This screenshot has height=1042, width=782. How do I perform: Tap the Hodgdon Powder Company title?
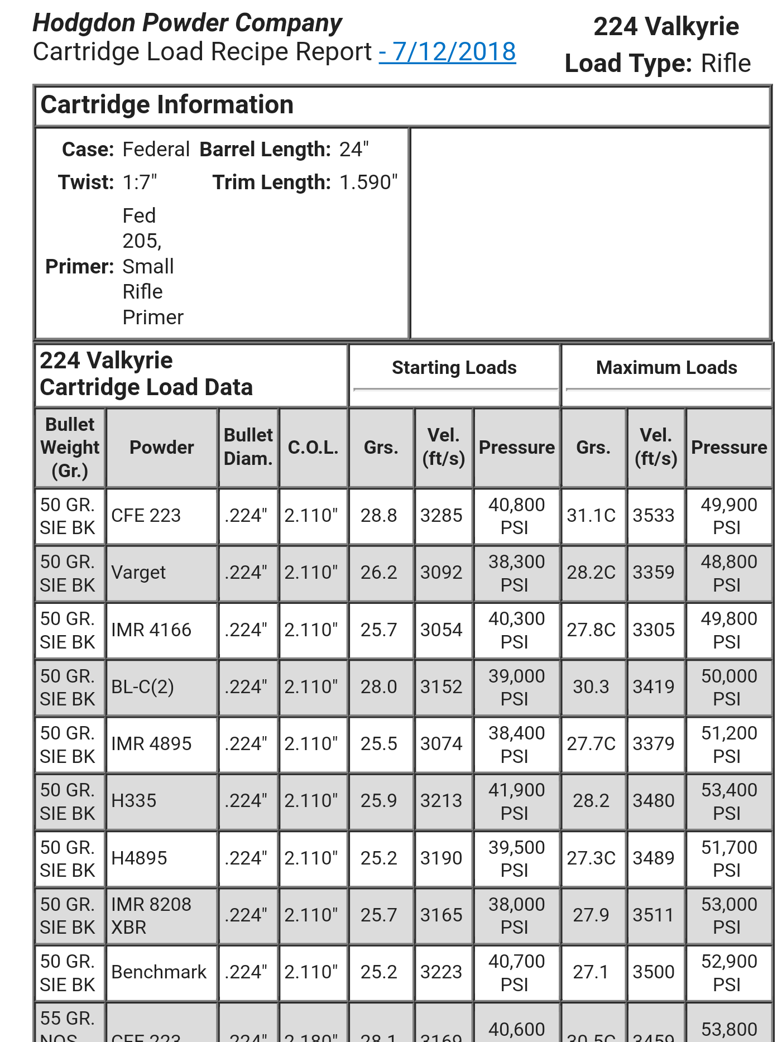click(187, 23)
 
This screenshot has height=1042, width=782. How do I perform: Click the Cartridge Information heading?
click(167, 105)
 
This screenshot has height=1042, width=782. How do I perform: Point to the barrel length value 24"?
click(354, 150)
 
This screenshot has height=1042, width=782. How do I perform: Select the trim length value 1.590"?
click(368, 183)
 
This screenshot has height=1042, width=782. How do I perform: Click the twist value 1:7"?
click(140, 183)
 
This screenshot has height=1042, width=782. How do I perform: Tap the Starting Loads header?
click(454, 368)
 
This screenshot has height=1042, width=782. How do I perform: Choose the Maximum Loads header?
click(666, 368)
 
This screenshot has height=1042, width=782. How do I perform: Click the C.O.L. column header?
click(313, 448)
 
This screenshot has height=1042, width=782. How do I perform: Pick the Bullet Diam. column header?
click(248, 447)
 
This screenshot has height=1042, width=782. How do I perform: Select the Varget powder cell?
click(138, 573)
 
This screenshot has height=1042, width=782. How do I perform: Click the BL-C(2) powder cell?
click(142, 687)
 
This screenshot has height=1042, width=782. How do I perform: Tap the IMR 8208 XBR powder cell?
click(151, 915)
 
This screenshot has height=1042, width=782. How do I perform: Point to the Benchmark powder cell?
click(159, 972)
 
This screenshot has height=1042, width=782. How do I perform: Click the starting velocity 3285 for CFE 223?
click(442, 516)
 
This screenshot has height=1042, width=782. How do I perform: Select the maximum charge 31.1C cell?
click(591, 516)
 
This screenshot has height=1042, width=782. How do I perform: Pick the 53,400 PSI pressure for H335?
click(729, 801)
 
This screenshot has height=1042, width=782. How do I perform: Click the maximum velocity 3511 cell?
click(654, 915)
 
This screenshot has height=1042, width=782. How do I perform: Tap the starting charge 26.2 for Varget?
click(378, 573)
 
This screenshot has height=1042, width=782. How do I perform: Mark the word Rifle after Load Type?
click(726, 64)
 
